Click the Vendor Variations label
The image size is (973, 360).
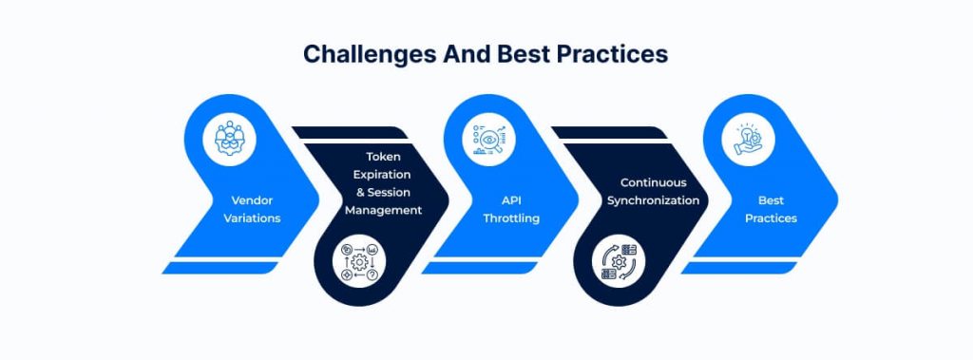pos(252,209)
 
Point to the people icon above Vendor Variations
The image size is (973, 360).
pos(230,139)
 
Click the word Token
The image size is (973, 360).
pos(383,157)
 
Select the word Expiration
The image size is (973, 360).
pos(384,175)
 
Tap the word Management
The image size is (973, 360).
pos(384,210)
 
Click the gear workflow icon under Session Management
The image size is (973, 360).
pos(359,261)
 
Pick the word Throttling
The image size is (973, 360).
pos(511,218)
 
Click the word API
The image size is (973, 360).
pos(511,200)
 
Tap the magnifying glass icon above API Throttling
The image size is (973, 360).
pos(489,139)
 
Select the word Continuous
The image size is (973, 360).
pos(654,182)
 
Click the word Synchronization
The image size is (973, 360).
pos(654,200)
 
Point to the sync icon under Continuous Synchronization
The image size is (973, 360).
pos(619,261)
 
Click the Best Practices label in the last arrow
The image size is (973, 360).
pos(771,209)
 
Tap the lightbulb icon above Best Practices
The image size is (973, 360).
pos(749,139)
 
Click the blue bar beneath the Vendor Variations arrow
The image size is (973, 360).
pos(220,268)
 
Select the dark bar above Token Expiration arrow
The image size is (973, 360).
pos(350,132)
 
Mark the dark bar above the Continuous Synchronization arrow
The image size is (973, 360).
pos(609,132)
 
